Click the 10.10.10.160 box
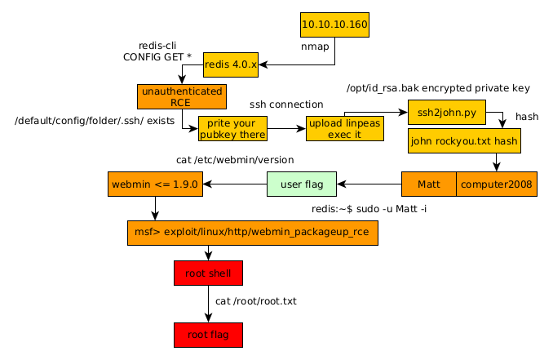coord(334,24)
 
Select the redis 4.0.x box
coord(231,64)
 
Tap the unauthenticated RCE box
coord(181,96)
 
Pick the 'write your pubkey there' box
coord(232,128)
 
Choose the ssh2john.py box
coord(447,112)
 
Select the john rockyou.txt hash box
coord(464,141)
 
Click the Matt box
coord(429,184)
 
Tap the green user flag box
coord(301,184)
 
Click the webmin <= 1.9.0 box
coord(155,184)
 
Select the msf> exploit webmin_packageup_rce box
coord(253,233)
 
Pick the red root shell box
coord(208,273)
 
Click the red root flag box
coord(208,335)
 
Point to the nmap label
coord(315,47)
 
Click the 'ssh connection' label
coord(286,104)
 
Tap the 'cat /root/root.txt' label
coord(255,301)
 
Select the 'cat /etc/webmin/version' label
coord(235,160)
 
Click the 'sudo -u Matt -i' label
coord(369,209)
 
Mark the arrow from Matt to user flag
coord(369,184)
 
